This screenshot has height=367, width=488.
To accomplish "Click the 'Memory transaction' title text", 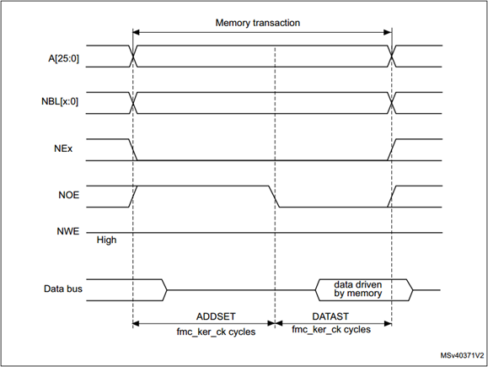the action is tap(258, 23).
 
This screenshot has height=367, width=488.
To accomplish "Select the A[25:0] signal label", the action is tap(63, 58).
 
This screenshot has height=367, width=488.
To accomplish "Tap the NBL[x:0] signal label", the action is tap(60, 101).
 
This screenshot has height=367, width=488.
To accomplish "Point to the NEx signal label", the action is tap(63, 148).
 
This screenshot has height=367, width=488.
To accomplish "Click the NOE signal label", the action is tap(69, 195).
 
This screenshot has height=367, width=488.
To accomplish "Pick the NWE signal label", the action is tap(67, 231).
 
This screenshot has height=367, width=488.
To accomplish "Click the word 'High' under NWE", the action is tap(106, 240).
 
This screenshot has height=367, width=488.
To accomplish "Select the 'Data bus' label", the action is tap(63, 289).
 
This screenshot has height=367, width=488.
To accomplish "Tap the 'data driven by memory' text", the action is tap(358, 289).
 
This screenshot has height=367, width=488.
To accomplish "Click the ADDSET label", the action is tap(216, 316).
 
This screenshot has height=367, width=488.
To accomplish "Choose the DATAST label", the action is tap(330, 316).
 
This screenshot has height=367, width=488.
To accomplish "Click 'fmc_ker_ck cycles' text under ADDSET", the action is tap(216, 332).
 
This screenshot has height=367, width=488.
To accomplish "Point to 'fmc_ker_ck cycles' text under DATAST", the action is tap(331, 330).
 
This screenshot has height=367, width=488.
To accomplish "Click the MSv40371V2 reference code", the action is tap(462, 355).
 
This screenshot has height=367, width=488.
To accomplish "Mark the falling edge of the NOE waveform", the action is tap(274, 197).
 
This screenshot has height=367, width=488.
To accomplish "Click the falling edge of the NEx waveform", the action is tap(133, 150).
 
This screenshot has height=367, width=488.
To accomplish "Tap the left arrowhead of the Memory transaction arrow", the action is tap(137, 32).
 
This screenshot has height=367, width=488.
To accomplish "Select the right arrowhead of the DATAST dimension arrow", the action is tap(388, 324).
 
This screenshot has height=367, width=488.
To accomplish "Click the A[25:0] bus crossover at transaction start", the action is tap(133, 56).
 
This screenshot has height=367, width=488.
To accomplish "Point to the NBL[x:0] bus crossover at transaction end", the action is tap(392, 103).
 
